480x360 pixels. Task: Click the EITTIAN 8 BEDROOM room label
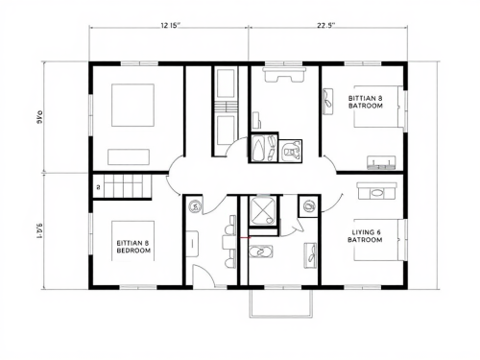pos(132,247)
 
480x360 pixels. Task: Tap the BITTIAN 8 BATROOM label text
pos(365,102)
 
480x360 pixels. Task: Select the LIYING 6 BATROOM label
pos(365,236)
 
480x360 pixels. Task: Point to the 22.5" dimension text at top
pos(325,27)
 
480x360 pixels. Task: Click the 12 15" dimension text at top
pos(170,27)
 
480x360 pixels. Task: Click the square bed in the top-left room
pos(132,106)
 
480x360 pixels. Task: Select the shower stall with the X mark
pos(261,210)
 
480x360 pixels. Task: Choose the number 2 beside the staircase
pos(97,186)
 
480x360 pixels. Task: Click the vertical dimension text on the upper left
pos(40,117)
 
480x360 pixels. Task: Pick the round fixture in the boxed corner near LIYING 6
pos(309,205)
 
